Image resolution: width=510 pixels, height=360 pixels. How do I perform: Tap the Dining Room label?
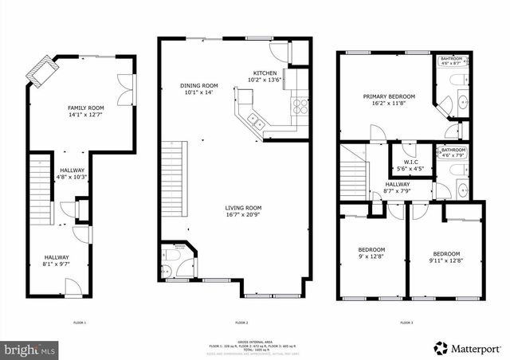point(198,88)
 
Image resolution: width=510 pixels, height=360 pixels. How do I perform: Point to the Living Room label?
point(243,211)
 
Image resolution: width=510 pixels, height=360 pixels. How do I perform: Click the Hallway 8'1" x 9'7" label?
point(57,260)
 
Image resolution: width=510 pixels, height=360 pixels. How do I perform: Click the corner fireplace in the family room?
point(38,72)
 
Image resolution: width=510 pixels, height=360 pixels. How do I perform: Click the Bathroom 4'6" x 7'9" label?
point(453,152)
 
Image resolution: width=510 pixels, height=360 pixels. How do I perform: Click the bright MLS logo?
point(29,349)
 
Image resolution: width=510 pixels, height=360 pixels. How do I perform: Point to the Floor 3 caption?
point(406,323)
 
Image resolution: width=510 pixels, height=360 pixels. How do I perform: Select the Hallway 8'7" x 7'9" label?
point(375,187)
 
